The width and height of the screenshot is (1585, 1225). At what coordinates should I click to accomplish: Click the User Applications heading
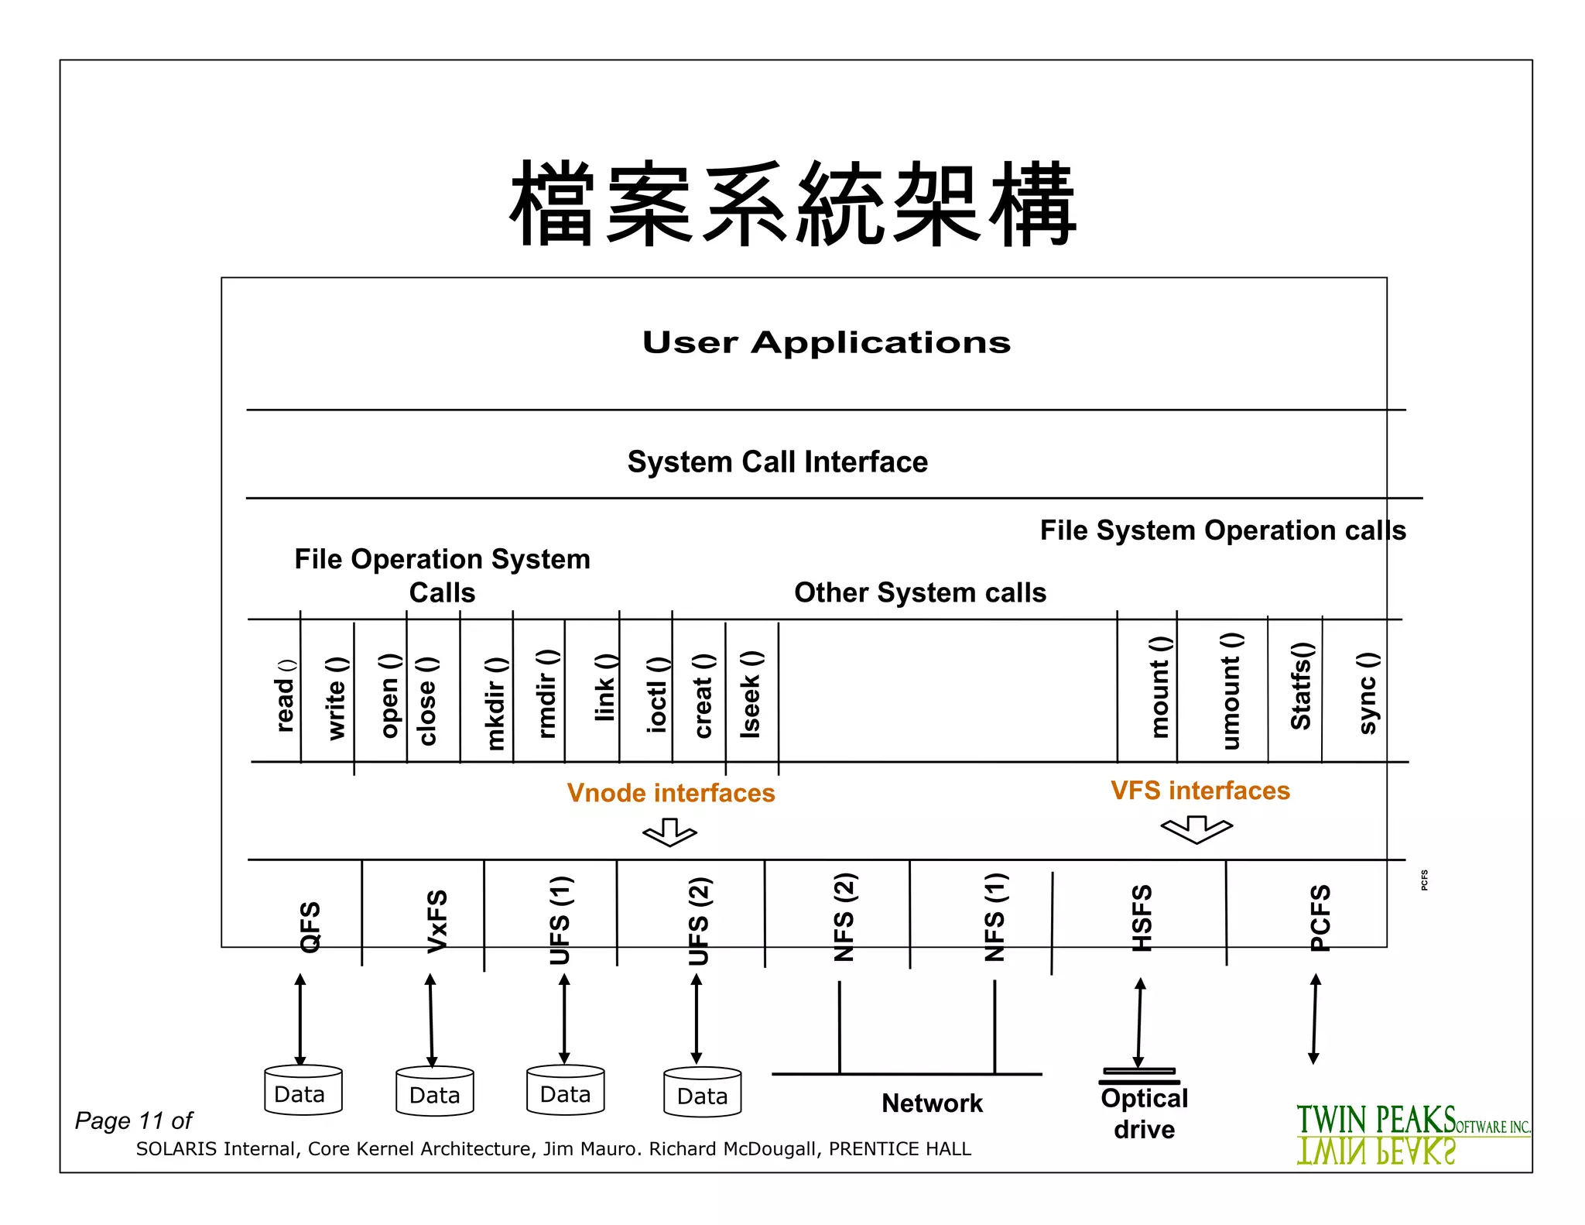[826, 342]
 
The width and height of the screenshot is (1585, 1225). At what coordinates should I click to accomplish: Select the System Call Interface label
[777, 462]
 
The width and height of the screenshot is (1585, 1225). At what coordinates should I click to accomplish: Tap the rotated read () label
[286, 695]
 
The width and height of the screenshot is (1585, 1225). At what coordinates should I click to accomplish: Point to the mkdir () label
[495, 703]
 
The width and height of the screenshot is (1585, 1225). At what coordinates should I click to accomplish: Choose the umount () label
[1231, 691]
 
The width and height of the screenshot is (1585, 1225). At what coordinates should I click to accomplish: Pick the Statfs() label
[1301, 685]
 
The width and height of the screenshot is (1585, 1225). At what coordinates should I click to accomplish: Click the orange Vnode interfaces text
[670, 793]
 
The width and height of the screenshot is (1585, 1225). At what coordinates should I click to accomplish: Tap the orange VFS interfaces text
[1200, 791]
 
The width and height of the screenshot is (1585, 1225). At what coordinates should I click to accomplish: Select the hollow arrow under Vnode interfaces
[669, 832]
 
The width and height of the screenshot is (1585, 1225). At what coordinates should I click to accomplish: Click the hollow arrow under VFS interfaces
[1196, 829]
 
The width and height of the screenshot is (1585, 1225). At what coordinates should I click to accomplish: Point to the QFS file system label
[310, 926]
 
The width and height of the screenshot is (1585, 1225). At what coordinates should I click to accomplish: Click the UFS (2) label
[699, 921]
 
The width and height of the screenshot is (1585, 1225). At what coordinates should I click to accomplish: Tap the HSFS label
[1142, 918]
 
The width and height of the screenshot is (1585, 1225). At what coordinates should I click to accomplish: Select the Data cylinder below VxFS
[434, 1092]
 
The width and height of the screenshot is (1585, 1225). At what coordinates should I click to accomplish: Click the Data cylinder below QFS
[303, 1090]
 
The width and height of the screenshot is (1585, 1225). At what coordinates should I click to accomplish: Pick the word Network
[932, 1103]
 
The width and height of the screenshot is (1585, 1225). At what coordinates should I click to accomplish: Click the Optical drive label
[1144, 1113]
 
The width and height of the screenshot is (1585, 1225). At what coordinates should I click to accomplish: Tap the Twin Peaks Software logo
[1412, 1133]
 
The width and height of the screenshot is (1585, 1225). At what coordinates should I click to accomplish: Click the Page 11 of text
[133, 1120]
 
